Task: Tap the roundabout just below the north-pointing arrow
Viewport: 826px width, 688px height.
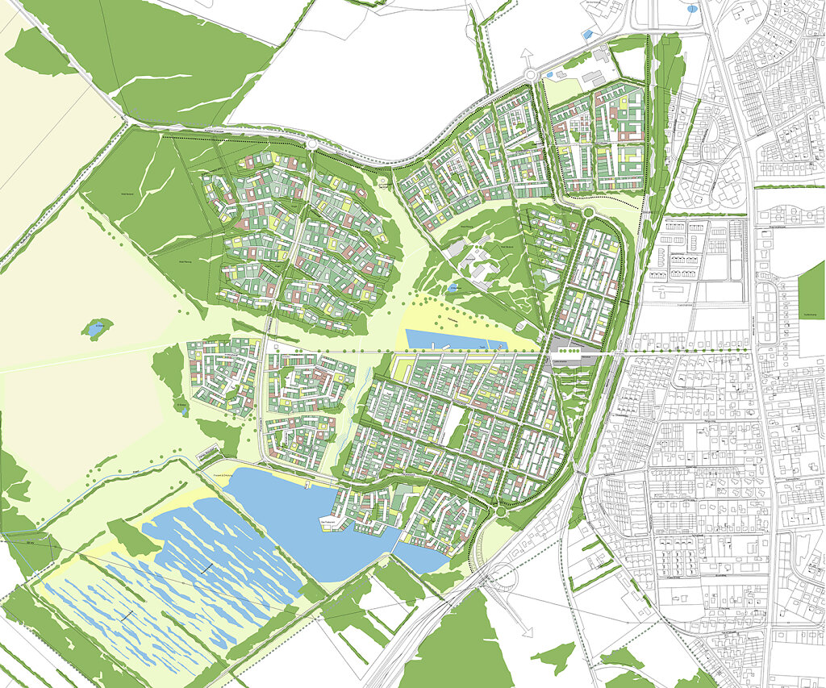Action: [x=531, y=77]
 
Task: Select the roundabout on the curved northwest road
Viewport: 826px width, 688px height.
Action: [x=311, y=144]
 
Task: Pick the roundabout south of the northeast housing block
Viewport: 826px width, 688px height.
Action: [x=588, y=212]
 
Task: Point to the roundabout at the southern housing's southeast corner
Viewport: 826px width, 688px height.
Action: [x=499, y=511]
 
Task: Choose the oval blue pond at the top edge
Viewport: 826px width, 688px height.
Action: [x=691, y=10]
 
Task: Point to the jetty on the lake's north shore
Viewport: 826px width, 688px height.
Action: [x=309, y=483]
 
